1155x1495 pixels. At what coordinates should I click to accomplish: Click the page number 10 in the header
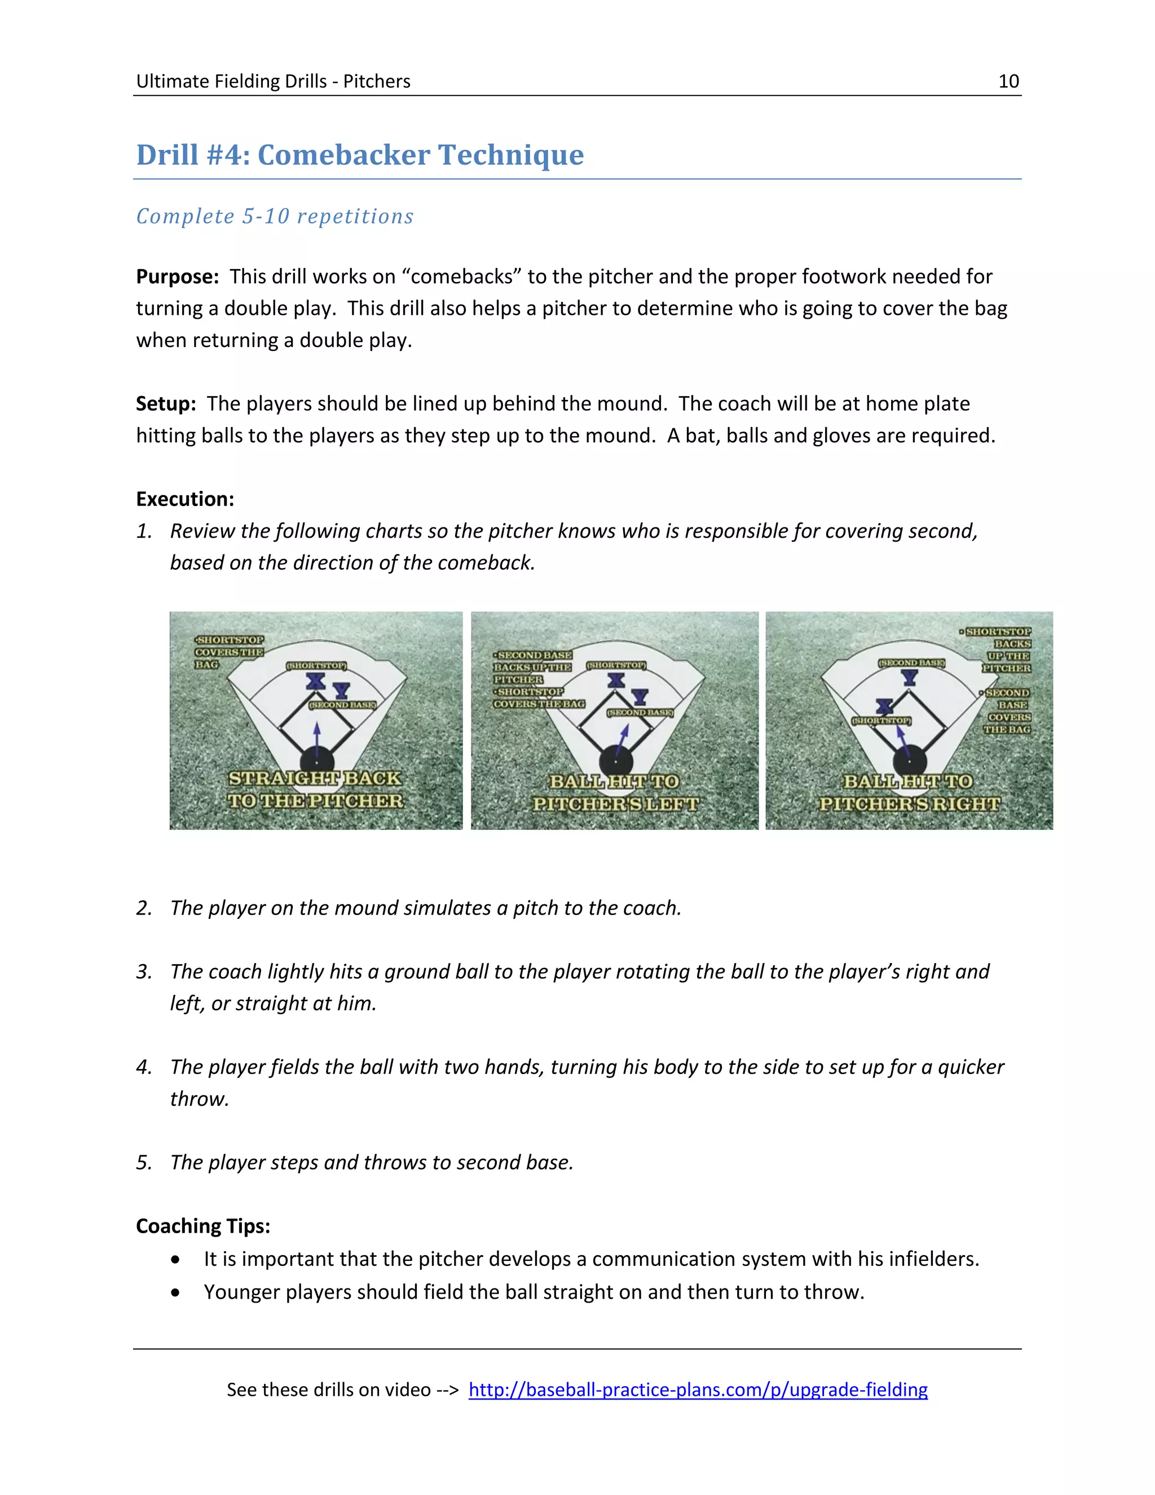(x=1008, y=81)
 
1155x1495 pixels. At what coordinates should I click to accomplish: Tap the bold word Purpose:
(x=177, y=276)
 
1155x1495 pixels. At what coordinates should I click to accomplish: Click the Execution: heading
(x=185, y=499)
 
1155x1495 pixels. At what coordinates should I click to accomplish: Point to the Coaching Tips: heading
(x=203, y=1226)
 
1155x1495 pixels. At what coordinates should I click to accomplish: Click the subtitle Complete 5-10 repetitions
(x=275, y=216)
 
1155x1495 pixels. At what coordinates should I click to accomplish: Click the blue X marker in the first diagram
(x=315, y=680)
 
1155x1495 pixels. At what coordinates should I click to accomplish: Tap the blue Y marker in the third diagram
(x=909, y=678)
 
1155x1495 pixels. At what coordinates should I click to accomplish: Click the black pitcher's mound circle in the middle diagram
(x=615, y=762)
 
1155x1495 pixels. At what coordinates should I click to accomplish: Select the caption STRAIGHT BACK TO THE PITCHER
(x=315, y=789)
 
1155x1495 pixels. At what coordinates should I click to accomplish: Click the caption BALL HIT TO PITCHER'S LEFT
(x=615, y=793)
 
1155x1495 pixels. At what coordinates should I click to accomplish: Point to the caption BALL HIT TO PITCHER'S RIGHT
(x=909, y=793)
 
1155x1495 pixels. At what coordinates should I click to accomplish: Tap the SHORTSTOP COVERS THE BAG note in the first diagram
(x=228, y=652)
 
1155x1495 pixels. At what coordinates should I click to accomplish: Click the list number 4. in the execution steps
(x=144, y=1067)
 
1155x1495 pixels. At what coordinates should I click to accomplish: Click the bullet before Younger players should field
(x=177, y=1292)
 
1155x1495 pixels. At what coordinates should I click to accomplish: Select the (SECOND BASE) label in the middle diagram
(x=640, y=713)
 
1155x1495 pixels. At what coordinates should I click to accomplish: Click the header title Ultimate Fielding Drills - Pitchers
(x=273, y=81)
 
